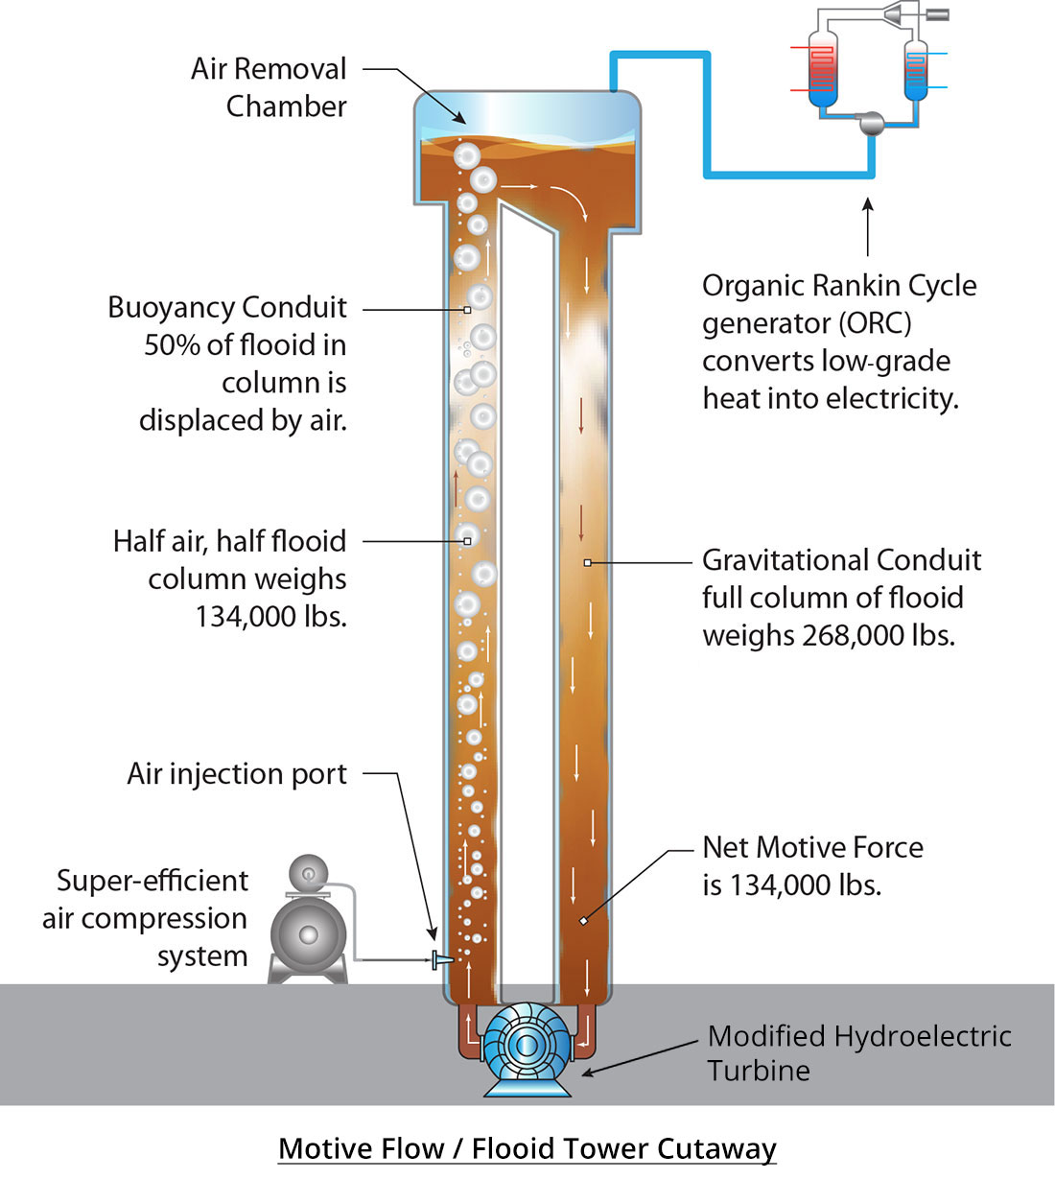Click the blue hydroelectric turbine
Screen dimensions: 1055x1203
[x=526, y=1046]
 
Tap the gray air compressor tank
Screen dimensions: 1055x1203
[x=308, y=934]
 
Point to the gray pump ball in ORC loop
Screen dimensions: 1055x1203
[x=871, y=123]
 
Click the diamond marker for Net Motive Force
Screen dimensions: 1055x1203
[x=583, y=921]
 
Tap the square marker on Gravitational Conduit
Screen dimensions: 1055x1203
[x=587, y=562]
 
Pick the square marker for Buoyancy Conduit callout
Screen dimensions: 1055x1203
[x=467, y=310]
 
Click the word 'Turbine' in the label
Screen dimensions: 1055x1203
[x=759, y=1071]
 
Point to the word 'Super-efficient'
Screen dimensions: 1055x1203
[x=152, y=881]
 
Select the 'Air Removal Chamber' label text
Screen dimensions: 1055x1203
[x=269, y=88]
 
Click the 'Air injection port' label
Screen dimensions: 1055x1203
[x=237, y=774]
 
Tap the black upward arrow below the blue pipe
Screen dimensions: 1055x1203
[x=867, y=226]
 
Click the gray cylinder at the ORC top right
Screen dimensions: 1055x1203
[x=936, y=14]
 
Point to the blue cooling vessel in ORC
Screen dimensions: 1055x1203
[x=916, y=70]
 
